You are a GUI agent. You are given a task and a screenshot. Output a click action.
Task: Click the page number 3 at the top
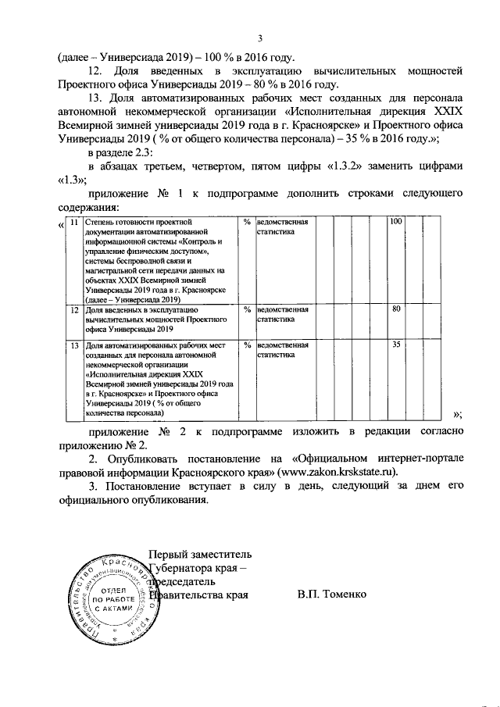[260, 39]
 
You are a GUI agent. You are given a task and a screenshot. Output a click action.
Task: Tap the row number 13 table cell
[74, 345]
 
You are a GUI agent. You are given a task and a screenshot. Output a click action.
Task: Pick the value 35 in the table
[396, 345]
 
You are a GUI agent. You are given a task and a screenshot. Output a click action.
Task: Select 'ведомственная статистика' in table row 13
[283, 349]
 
